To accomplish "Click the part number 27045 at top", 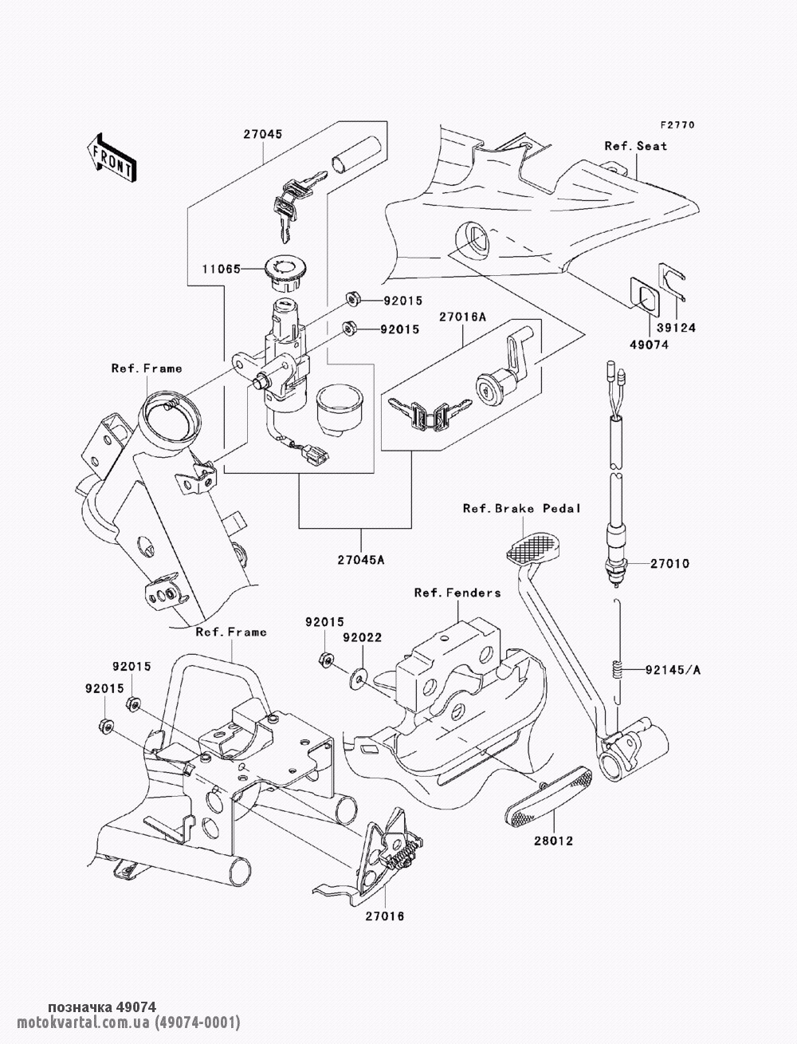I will (262, 136).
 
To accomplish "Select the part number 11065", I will (221, 270).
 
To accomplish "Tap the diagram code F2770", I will (677, 125).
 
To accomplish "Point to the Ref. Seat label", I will (635, 146).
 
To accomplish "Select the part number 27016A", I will (462, 317).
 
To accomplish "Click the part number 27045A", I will (359, 559).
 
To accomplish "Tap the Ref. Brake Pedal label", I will (521, 508).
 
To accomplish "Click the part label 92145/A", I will (674, 670).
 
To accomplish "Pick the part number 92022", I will (363, 638).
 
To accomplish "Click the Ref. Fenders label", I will (457, 593).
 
